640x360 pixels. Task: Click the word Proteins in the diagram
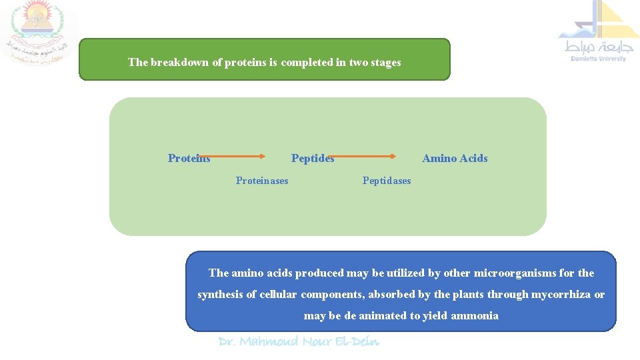click(189, 158)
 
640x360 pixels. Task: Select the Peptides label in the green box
click(313, 158)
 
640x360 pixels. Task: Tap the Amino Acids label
click(455, 158)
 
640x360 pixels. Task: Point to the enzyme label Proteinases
click(262, 181)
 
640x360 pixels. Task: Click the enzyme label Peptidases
click(387, 181)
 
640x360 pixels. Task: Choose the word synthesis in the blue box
click(219, 294)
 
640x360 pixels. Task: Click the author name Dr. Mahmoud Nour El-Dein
click(299, 341)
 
